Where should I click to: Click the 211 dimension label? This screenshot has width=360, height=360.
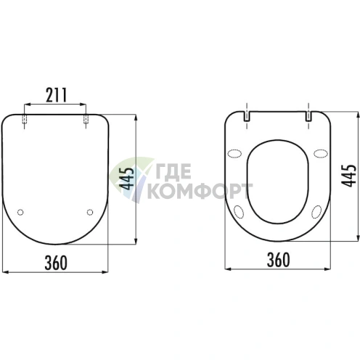56,95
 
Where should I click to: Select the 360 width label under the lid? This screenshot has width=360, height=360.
56,263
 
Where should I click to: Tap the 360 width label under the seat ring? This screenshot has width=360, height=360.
278,260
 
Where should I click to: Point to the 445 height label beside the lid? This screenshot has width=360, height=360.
127,179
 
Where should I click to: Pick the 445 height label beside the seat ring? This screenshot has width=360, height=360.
348,176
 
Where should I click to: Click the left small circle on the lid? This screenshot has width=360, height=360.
20,212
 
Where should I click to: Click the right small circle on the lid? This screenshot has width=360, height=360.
90,212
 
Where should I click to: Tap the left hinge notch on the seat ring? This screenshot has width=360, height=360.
247,116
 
